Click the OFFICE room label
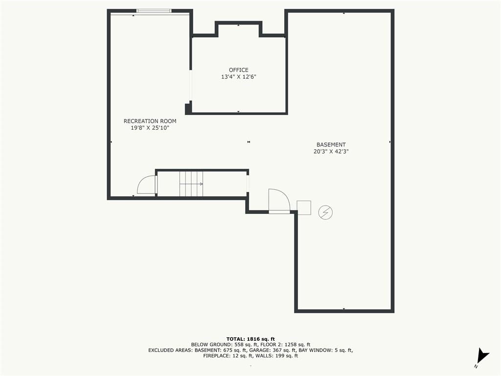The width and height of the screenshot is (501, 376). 238,70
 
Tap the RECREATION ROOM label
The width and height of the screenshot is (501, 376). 150,121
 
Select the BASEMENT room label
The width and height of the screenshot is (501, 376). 331,144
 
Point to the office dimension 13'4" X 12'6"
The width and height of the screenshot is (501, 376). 239,77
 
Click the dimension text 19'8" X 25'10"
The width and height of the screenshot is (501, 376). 150,128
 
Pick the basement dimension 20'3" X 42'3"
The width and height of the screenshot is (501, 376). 331,152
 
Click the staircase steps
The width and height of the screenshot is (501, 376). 191,184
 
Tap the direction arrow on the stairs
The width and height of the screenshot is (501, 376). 191,184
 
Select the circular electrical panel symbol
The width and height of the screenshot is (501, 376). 325,212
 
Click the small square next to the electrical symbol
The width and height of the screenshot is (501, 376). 304,208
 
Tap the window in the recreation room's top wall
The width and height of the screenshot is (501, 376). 154,11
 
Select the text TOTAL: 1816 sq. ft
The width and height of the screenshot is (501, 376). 250,339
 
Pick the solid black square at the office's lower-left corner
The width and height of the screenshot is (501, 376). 188,109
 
